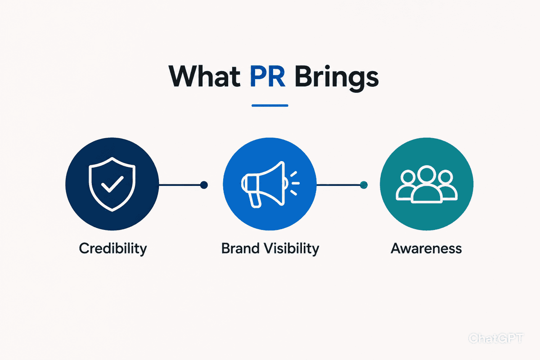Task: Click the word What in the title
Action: (x=204, y=76)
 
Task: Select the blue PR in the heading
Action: (x=268, y=76)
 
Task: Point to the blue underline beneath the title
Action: (x=270, y=105)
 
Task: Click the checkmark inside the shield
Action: (x=112, y=184)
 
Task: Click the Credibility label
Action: (x=113, y=248)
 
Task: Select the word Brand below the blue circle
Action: (x=240, y=248)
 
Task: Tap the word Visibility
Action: (x=292, y=248)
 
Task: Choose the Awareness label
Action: (x=426, y=248)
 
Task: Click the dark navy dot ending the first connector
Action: (x=204, y=185)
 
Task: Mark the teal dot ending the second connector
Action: (x=364, y=185)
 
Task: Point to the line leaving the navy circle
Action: (x=180, y=185)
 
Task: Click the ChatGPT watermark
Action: (x=495, y=338)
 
